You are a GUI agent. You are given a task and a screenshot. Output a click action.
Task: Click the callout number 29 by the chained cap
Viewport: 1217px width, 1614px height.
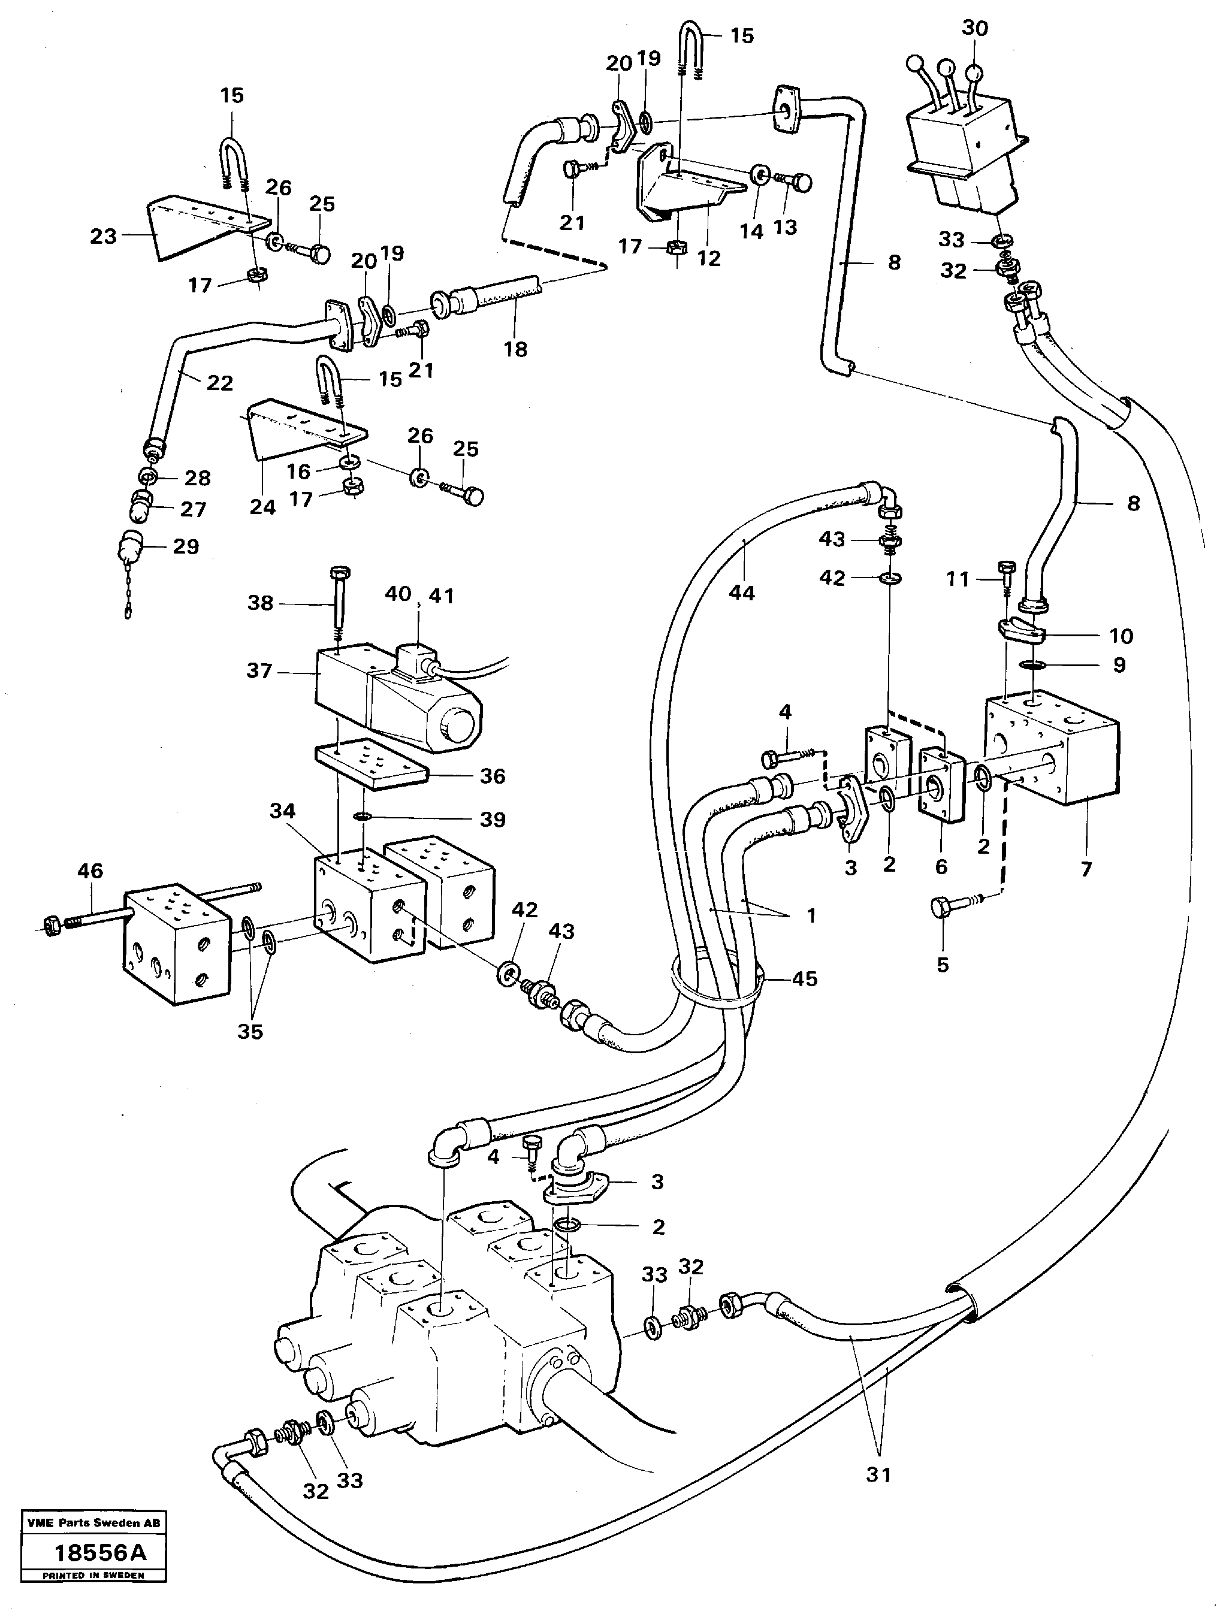coord(185,546)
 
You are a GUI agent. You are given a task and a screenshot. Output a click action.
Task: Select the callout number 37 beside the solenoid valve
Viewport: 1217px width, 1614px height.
coord(259,670)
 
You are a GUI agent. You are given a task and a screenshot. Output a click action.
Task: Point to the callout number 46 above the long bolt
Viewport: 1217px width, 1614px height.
coord(90,871)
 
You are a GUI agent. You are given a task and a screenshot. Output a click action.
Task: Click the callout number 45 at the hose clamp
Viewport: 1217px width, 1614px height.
coord(804,978)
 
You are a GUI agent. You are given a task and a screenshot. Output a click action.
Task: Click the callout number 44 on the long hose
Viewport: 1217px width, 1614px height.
coord(741,593)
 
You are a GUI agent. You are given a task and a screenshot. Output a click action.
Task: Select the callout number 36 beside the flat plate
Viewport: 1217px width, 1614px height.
coord(492,776)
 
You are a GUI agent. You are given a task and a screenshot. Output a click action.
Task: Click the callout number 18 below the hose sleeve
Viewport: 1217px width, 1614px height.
coord(515,349)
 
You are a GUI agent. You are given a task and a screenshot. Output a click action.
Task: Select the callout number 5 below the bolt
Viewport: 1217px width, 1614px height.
coord(942,965)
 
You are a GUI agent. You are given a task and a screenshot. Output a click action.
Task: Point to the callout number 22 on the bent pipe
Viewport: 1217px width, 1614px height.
coord(220,382)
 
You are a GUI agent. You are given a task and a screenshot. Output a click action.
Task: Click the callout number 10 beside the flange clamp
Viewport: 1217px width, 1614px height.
coord(1121,636)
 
